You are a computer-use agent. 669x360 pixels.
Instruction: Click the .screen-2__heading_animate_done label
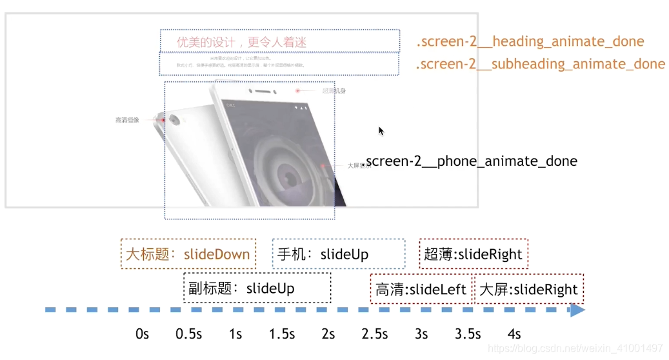tap(530, 42)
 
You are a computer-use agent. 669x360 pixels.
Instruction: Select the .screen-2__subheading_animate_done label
tap(540, 65)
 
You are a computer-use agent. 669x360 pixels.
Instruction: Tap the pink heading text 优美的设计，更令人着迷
tap(242, 43)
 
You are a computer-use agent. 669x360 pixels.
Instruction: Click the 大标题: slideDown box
tap(188, 254)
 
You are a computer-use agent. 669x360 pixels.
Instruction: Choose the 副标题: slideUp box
tap(257, 288)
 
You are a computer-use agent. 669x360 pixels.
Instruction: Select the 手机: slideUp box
tap(339, 254)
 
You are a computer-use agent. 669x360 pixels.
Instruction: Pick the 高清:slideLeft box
tap(421, 290)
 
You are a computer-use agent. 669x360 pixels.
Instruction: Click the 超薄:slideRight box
tap(473, 254)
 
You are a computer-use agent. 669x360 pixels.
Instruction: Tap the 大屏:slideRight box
tap(529, 290)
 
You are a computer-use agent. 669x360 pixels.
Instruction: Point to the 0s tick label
tap(143, 334)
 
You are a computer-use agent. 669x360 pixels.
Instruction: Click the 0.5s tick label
tap(189, 334)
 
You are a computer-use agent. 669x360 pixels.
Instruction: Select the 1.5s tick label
tap(282, 334)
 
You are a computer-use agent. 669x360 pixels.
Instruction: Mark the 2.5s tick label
tap(375, 334)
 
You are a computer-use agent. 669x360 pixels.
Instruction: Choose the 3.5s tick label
tap(468, 334)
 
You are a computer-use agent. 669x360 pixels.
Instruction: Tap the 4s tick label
tap(514, 334)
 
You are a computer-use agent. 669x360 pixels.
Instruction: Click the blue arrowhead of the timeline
tap(577, 310)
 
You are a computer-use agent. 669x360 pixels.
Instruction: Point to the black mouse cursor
tap(381, 131)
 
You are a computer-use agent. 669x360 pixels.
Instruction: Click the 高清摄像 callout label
tap(128, 120)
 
